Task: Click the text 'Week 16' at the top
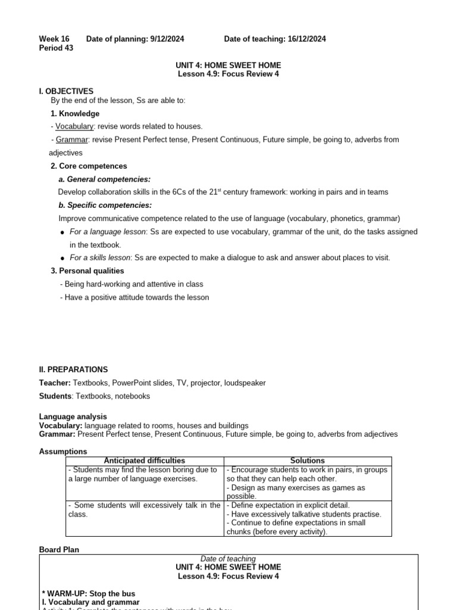54,39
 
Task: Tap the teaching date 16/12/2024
304,39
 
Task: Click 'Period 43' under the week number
56,48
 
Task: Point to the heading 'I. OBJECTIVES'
66,91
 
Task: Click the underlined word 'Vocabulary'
74,126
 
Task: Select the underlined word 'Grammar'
72,139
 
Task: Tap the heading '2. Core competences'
89,166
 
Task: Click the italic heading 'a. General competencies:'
104,179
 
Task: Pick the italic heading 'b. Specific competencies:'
105,206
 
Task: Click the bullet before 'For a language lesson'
62,232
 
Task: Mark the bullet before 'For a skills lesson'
62,259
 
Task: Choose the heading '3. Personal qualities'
87,271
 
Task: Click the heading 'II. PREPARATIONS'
74,370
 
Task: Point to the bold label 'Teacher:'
55,383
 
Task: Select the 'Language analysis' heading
73,417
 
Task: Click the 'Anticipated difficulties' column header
145,460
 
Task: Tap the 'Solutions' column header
307,460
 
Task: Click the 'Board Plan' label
59,550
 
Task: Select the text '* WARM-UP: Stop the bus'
89,594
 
